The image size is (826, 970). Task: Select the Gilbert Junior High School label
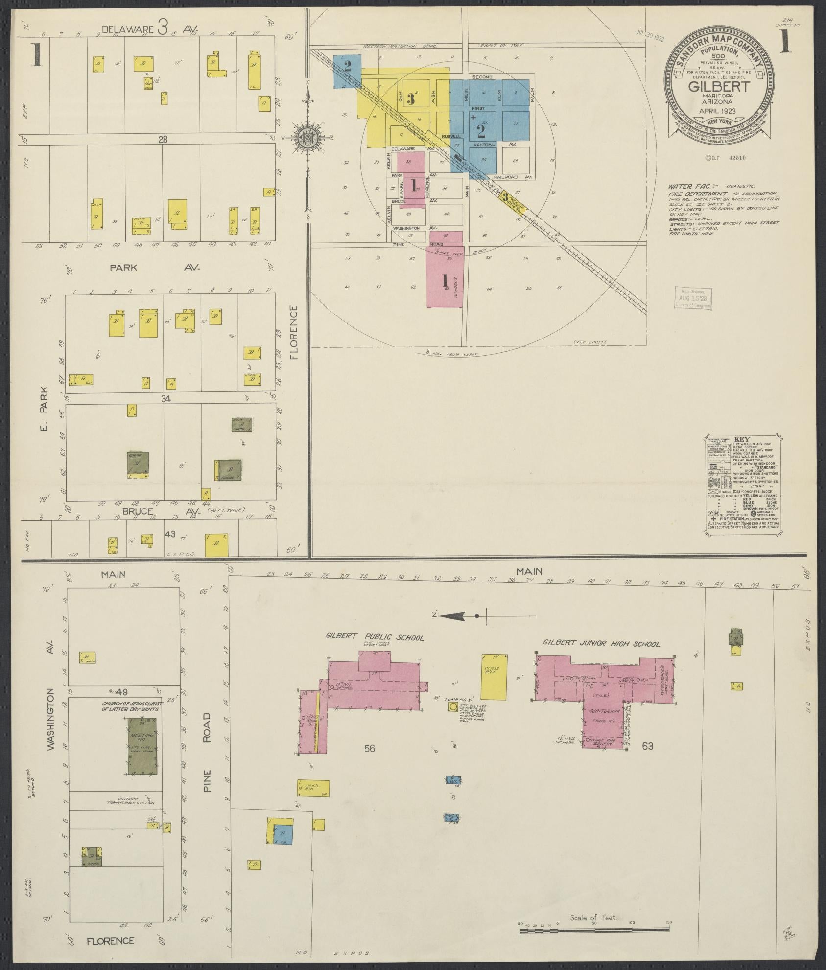(x=601, y=644)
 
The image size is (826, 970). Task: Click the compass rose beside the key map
(x=308, y=138)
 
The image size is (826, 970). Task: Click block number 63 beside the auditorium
(x=647, y=760)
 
